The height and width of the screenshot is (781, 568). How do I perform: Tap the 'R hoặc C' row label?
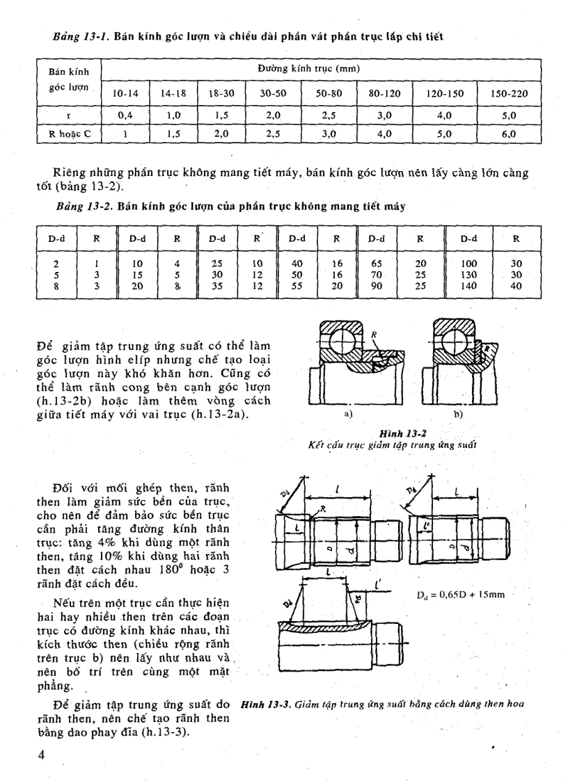click(69, 134)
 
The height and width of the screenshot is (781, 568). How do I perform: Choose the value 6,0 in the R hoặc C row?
click(508, 134)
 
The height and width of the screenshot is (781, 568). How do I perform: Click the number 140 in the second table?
click(470, 285)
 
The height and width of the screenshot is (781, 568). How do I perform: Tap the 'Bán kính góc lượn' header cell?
click(68, 81)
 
